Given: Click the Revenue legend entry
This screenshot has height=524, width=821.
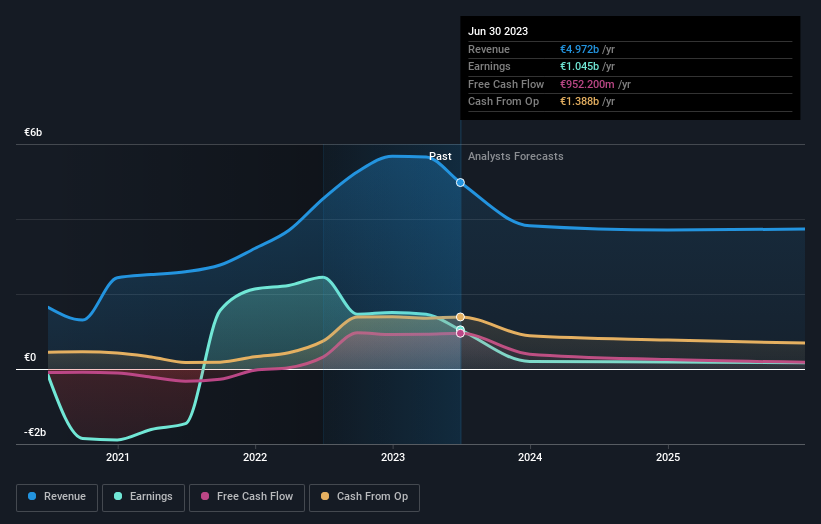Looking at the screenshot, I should [57, 497].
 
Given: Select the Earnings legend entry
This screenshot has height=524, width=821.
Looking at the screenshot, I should [143, 497].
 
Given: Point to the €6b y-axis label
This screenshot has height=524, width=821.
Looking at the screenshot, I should [34, 133].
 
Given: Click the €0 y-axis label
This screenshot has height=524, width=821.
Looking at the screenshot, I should [30, 357].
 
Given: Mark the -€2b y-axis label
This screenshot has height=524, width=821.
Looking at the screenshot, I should [35, 432].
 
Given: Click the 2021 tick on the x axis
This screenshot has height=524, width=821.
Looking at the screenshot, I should [118, 457].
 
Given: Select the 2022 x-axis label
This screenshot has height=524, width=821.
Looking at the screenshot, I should [255, 457].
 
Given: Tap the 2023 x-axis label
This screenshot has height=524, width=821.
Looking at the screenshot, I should [393, 457].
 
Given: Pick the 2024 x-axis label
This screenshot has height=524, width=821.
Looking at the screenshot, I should [530, 457].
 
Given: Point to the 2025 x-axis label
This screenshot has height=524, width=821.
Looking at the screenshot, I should [668, 457].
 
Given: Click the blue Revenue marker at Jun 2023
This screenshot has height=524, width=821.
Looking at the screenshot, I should [460, 183].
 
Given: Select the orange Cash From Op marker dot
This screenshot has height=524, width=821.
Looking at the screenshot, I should [460, 317].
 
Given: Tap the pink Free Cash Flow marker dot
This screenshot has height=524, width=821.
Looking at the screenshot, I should [460, 333].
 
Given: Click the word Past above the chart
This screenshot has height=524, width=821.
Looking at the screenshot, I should [440, 156].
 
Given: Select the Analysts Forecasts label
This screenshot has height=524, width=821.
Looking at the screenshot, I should [515, 156].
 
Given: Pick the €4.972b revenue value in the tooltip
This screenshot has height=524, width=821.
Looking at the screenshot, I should [581, 49].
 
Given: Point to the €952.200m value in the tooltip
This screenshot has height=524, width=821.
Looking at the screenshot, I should [588, 84].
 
